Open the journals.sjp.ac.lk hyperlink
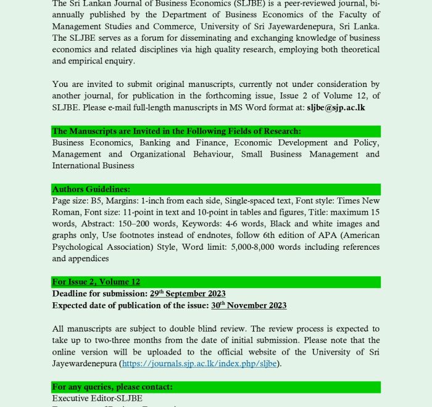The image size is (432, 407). [x=200, y=363]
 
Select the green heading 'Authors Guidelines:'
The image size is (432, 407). [x=91, y=189]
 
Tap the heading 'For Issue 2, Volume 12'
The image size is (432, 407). [x=96, y=282]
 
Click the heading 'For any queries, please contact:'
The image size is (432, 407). [x=112, y=387]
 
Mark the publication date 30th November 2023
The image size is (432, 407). [x=249, y=305]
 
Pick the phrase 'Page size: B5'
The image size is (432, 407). [x=77, y=201]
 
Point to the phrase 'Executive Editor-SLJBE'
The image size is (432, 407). [x=97, y=398]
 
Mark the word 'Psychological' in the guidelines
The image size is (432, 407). [x=80, y=247]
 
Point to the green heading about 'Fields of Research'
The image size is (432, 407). [x=177, y=131]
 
